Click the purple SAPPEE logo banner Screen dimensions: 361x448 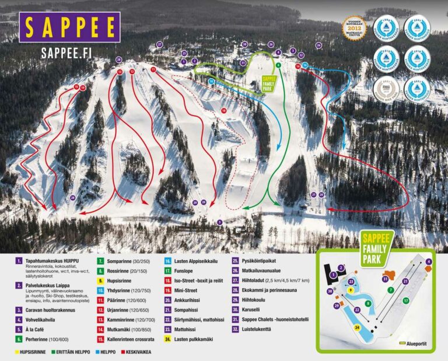tap(69, 27)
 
